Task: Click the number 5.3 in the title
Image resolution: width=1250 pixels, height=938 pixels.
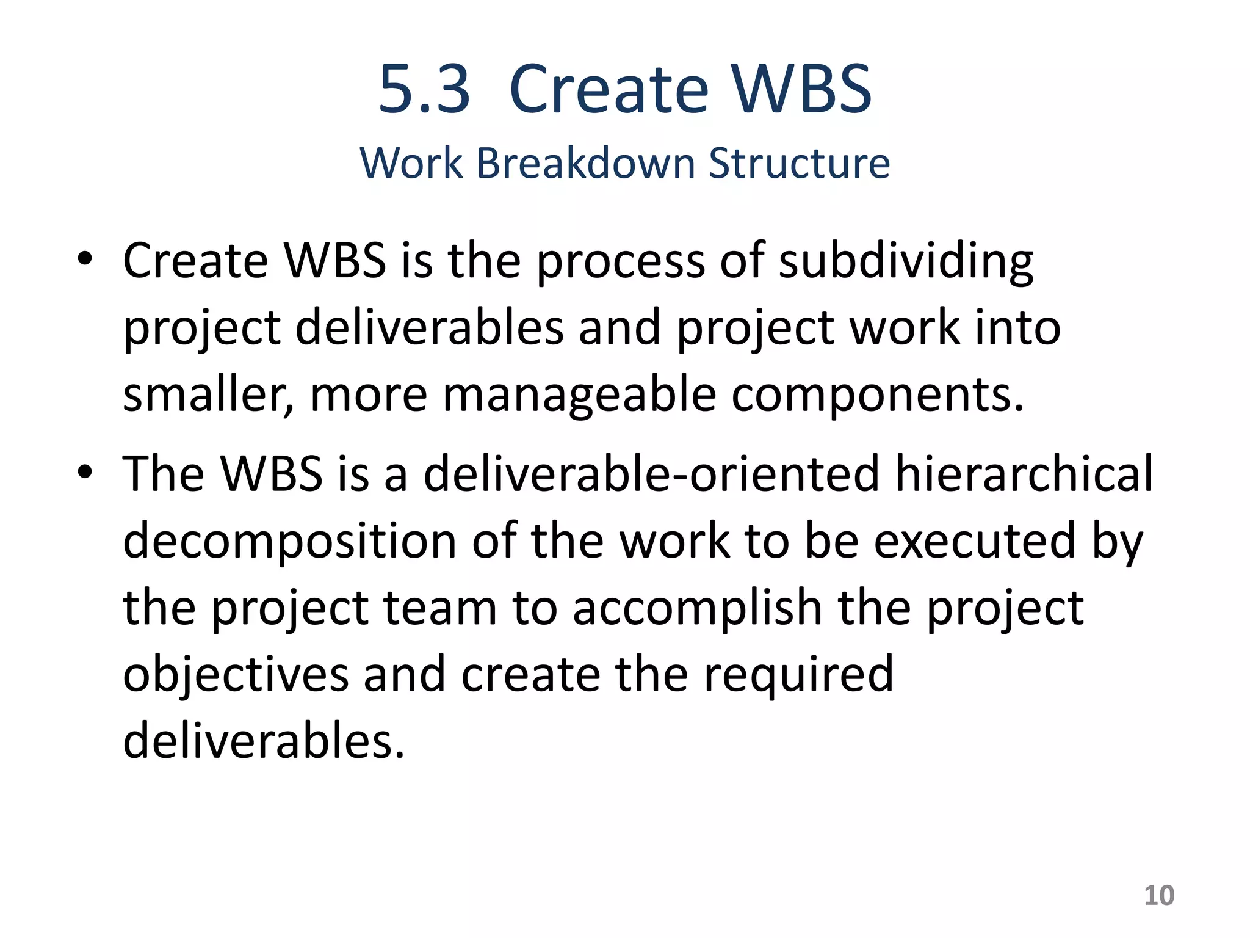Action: (x=424, y=90)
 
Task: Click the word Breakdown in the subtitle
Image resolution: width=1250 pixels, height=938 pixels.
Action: (x=585, y=163)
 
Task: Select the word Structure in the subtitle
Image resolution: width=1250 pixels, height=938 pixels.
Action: (x=799, y=163)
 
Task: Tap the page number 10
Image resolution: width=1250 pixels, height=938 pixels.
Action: (x=1158, y=896)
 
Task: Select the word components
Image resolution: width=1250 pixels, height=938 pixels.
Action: (x=877, y=396)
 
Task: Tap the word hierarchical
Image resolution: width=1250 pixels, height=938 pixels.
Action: (x=1024, y=474)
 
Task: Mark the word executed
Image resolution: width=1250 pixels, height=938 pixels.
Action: (x=975, y=541)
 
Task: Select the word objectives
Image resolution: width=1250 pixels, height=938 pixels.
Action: (x=236, y=674)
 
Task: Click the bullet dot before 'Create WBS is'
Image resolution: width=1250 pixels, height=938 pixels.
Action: (x=85, y=258)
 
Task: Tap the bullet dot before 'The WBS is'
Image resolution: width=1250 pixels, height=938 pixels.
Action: (x=85, y=472)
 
